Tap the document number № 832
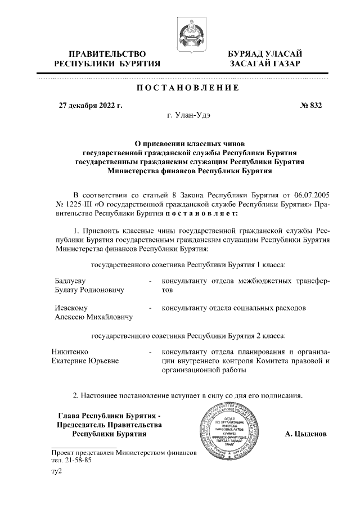click(x=310, y=105)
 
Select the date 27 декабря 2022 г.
click(x=91, y=105)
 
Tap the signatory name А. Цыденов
click(x=307, y=434)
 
